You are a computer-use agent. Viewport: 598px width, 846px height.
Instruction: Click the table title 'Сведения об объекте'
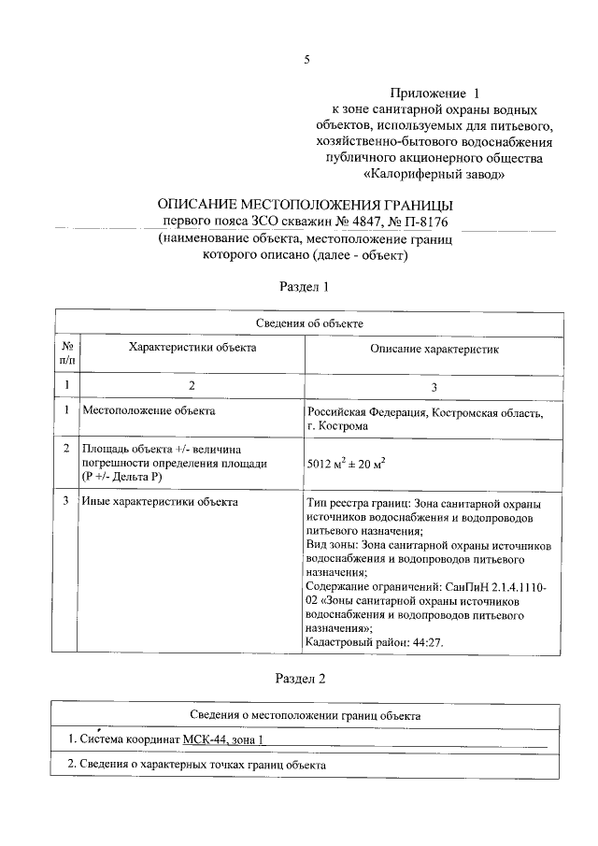tap(308, 323)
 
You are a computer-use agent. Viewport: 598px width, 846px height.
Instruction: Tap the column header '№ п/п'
tap(67, 351)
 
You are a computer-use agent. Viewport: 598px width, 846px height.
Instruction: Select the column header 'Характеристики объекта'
tap(192, 347)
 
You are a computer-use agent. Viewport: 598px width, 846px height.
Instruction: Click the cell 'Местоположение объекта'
tap(149, 410)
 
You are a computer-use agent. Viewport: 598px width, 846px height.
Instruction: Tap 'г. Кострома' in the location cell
tap(337, 425)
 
